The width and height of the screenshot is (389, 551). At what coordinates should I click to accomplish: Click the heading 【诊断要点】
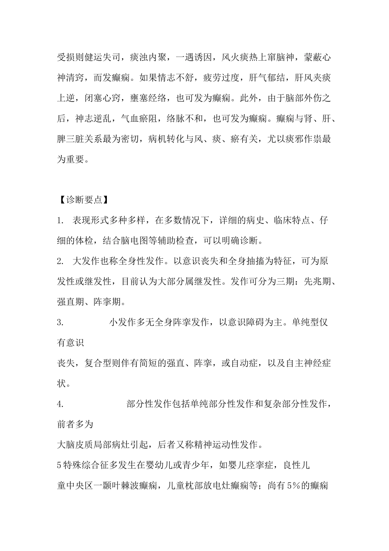82,200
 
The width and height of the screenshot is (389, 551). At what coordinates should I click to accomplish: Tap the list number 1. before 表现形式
60,221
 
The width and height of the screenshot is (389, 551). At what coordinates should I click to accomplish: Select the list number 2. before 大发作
60,261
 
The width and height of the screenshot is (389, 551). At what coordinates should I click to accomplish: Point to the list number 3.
60,322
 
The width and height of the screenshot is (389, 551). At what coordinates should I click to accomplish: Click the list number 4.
60,404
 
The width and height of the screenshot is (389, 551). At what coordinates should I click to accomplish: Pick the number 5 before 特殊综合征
59,465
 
